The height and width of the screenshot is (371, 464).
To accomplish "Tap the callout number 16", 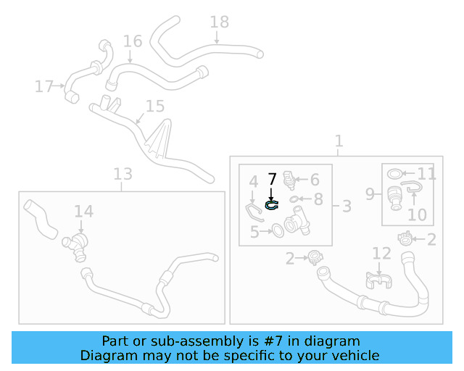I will pos(132,41).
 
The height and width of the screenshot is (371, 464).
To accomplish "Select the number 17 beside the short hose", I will pos(43,87).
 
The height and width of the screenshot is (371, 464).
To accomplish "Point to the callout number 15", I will pos(155,107).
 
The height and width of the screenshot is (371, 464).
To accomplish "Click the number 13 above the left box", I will pos(123,174).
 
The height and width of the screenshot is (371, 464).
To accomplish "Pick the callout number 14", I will pos(83,211).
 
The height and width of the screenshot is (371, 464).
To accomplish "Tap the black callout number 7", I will pos(272,178).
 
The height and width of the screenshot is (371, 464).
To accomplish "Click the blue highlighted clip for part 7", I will pos(272,205).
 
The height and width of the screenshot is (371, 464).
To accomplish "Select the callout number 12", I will pos(381,253).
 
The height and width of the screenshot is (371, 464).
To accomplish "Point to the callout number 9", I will pos(369,194).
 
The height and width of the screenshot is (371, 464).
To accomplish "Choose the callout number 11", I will pos(427,174).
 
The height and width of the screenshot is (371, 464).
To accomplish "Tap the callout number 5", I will pos(254,232).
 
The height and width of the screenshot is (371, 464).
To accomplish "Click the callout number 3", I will pos(347,207).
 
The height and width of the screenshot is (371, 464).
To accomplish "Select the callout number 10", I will pos(418,215).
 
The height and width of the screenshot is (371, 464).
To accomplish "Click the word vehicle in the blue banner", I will pos(356,355).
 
